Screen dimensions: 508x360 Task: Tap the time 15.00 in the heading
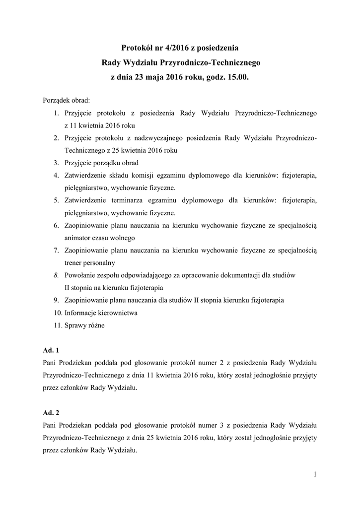pos(237,78)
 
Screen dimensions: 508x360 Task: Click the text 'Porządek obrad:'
pos(66,100)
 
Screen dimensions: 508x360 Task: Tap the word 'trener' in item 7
pos(74,262)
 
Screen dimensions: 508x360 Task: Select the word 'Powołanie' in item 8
pos(81,275)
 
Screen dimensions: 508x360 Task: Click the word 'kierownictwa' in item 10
pos(116,313)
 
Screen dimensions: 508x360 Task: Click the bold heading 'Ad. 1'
pos(51,350)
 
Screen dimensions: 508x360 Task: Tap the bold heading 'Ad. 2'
pos(51,413)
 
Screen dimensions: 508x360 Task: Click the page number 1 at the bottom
pos(315,475)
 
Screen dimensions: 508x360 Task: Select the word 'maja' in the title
pos(156,78)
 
